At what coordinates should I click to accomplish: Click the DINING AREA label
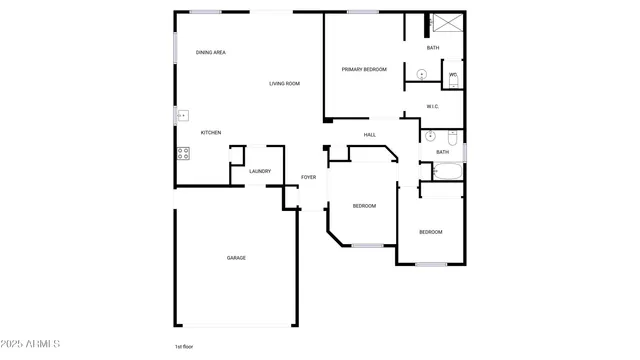coord(210,52)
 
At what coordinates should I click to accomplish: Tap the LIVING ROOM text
coord(284,83)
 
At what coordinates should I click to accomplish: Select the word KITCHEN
coord(211,133)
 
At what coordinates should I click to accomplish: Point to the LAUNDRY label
coord(260,171)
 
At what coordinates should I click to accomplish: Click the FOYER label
coord(309,177)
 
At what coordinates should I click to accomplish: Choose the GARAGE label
coord(236,258)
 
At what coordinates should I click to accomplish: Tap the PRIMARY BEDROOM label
coord(364,69)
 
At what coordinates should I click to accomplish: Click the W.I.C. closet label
coord(433,106)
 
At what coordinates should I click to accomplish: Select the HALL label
coord(369,134)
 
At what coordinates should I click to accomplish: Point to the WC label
coord(452,74)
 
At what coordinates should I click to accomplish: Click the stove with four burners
coord(183,153)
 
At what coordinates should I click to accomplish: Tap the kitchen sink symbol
coord(182,115)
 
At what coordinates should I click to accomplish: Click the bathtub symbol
coord(441,171)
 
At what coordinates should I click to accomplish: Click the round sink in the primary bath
coord(422,73)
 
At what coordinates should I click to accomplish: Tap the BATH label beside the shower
coord(433,47)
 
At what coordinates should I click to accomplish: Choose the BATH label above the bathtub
coord(442,152)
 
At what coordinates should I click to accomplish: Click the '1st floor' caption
coord(184,346)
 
